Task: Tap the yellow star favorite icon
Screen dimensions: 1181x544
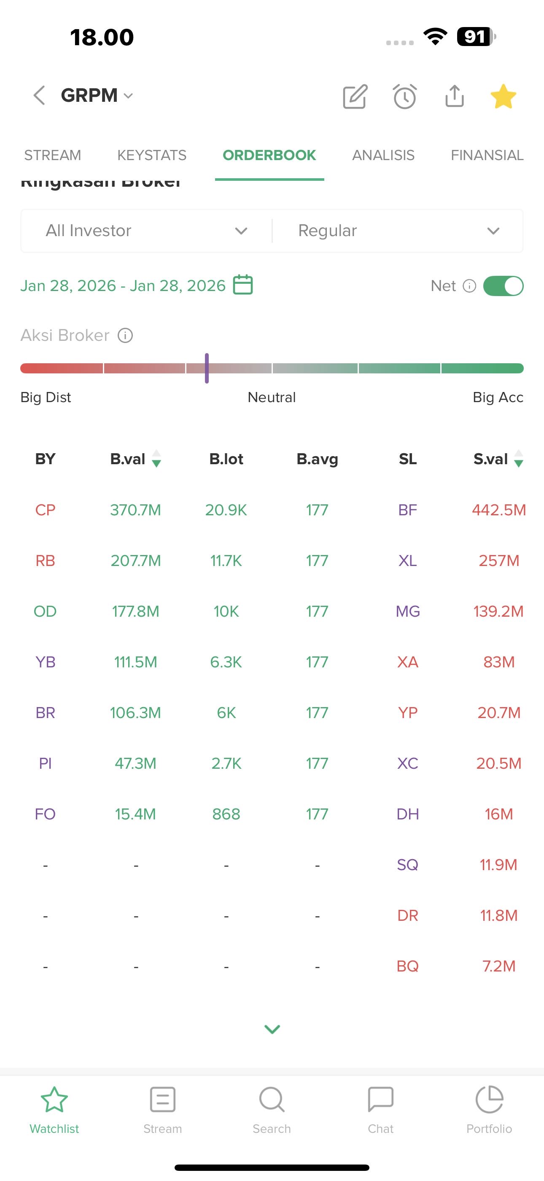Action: [503, 96]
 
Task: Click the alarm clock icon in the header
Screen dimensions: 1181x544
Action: [405, 96]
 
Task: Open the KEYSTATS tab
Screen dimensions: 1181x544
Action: [151, 155]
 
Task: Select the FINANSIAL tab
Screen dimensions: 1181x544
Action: [487, 155]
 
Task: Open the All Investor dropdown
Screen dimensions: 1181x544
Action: [146, 231]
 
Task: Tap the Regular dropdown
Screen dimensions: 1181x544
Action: [398, 231]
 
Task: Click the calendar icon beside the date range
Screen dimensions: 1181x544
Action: [243, 285]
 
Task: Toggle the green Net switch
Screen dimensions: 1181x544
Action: [503, 286]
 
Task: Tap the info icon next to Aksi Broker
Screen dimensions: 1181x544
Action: [125, 336]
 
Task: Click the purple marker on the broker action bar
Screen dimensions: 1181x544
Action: [207, 368]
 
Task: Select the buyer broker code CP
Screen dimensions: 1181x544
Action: [46, 510]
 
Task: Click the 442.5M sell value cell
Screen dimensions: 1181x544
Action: [498, 510]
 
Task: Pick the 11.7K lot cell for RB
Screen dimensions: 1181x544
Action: [226, 561]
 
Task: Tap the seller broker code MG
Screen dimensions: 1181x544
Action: [407, 611]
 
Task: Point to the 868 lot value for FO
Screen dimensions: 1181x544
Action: [226, 814]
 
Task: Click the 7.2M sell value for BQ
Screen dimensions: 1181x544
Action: [498, 966]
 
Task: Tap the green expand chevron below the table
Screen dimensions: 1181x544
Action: [272, 1029]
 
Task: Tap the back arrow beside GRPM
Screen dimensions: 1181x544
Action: [39, 95]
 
